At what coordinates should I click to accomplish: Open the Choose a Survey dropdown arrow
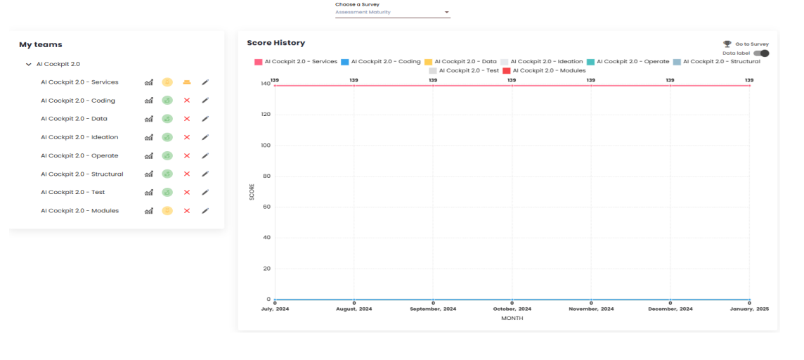pos(446,13)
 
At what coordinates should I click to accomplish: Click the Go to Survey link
pos(751,44)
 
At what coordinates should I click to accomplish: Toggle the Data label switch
pos(761,53)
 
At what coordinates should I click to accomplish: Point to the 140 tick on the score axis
pos(265,84)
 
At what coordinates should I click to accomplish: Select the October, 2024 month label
pos(512,309)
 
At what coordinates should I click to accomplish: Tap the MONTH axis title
pos(512,318)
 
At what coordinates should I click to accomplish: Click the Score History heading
pos(275,43)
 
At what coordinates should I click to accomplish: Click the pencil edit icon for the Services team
pos(205,82)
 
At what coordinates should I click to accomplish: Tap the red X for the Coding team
pos(187,101)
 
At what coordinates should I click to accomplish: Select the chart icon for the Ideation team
pos(149,137)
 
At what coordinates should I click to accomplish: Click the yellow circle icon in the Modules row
pos(167,210)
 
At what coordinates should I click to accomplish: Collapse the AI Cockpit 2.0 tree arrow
pos(29,64)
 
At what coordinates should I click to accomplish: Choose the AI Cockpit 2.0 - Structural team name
pos(82,174)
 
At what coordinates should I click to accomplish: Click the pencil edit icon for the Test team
pos(205,192)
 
